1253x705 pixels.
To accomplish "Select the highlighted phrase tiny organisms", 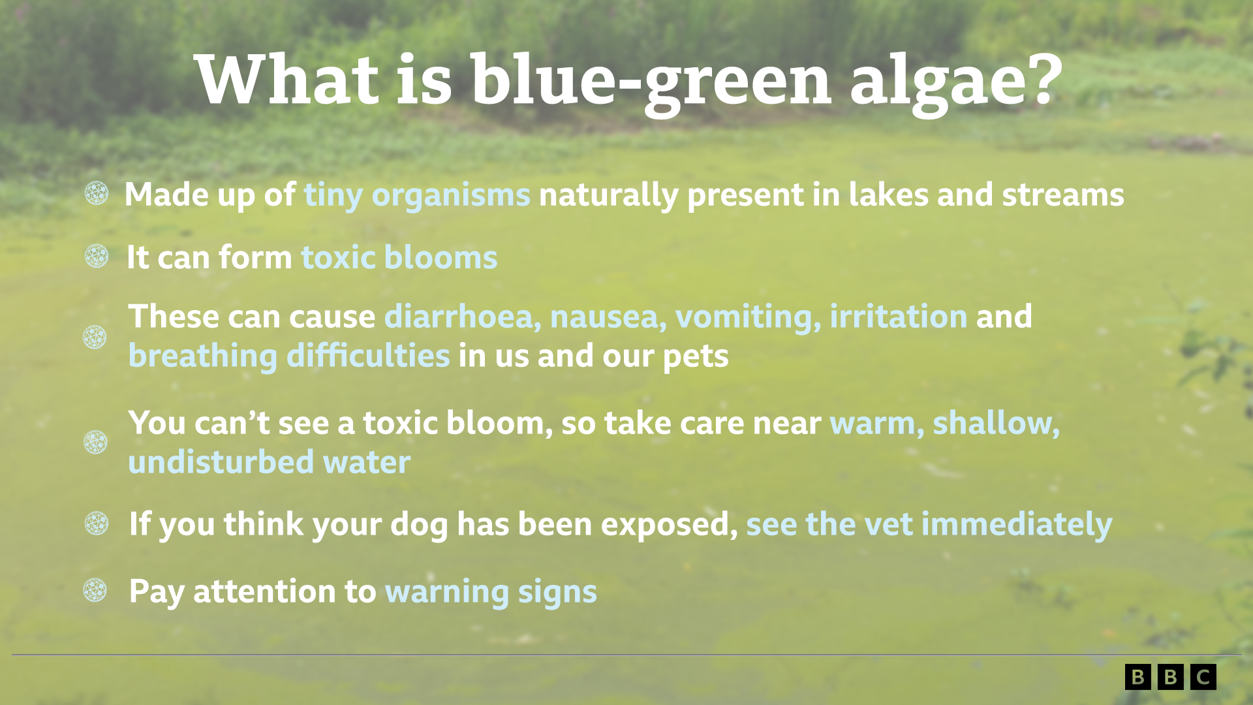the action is point(417,195).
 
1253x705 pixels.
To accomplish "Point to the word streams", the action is point(1063,195).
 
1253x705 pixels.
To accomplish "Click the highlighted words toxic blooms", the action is point(399,257).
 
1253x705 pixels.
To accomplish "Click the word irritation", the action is point(899,317).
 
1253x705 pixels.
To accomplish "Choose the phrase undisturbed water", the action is point(270,462).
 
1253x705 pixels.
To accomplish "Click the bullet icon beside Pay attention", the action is point(95,590).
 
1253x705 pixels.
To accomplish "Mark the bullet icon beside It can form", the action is point(97,256).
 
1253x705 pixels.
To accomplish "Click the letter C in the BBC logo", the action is point(1203,677).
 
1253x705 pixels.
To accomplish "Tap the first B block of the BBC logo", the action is point(1138,677).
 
